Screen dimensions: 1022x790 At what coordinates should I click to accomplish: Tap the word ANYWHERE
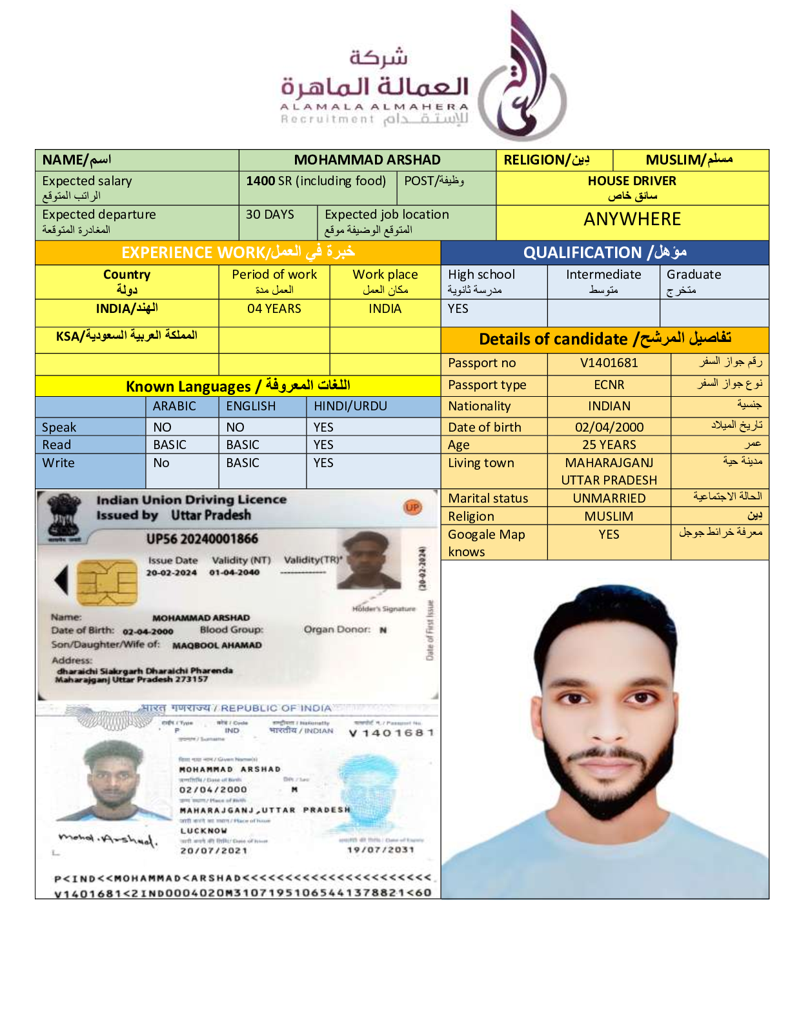(632, 219)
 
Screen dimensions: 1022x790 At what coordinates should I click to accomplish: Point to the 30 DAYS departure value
(270, 215)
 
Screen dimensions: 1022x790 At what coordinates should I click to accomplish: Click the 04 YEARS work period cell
(274, 309)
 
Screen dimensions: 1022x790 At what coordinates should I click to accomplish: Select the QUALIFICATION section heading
(604, 252)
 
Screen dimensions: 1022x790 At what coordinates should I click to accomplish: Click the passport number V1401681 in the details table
(609, 363)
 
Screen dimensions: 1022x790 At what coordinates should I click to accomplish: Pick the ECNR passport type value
(609, 385)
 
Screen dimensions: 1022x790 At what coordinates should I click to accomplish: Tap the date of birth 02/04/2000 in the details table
(609, 427)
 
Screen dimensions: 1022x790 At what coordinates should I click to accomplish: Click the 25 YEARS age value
(609, 445)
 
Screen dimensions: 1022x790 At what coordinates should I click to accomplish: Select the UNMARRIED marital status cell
(609, 498)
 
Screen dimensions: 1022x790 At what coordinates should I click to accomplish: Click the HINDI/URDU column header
(350, 406)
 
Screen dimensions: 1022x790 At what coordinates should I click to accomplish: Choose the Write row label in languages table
(59, 463)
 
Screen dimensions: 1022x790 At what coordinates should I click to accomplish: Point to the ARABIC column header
(174, 406)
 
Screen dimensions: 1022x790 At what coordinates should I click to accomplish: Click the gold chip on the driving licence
(107, 582)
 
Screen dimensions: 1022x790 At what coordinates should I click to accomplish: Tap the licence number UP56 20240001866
(201, 539)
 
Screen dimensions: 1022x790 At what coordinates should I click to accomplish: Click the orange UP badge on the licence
(413, 507)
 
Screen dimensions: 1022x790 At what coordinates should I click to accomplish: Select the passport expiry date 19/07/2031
(380, 850)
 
